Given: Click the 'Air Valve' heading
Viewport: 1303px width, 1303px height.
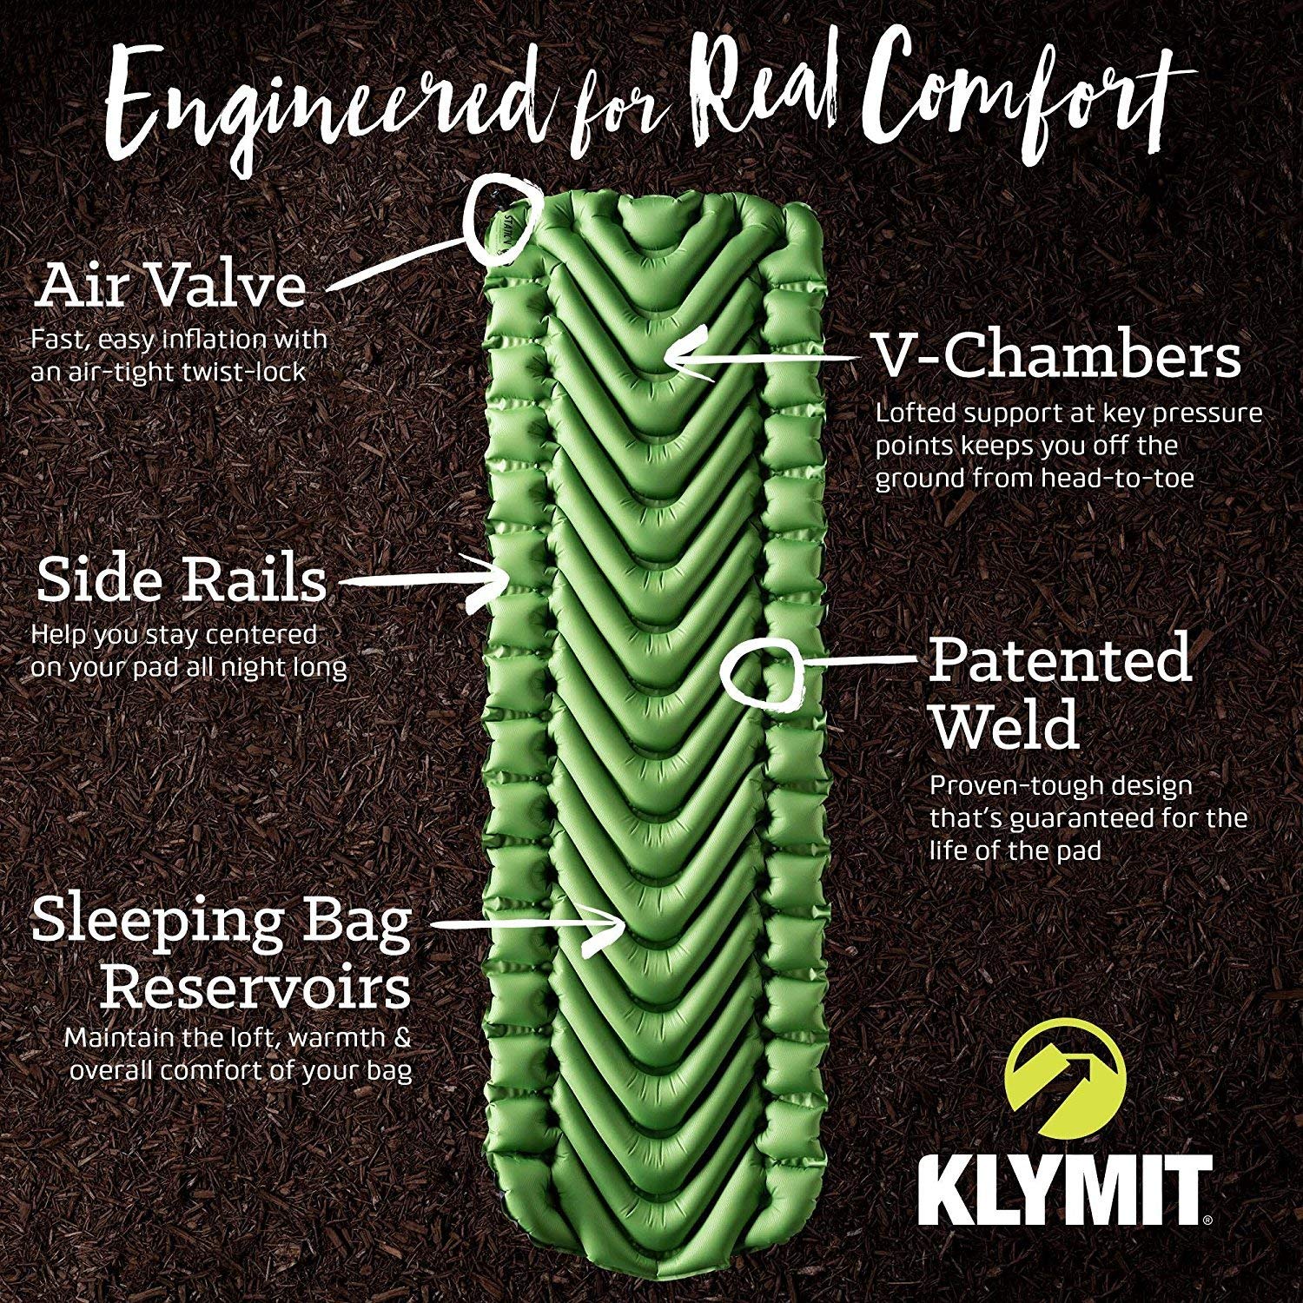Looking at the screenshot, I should (171, 287).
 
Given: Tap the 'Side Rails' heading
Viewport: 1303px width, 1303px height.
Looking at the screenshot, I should (182, 580).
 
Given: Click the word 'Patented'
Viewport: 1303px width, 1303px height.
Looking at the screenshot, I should (1060, 660).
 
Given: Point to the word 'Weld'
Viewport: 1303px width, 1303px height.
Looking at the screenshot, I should (1005, 727).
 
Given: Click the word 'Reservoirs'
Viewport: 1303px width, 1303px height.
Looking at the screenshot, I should (255, 988).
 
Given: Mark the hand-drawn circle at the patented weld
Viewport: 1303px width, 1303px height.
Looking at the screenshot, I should (764, 676).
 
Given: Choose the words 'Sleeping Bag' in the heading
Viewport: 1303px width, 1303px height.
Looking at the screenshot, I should (222, 922).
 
